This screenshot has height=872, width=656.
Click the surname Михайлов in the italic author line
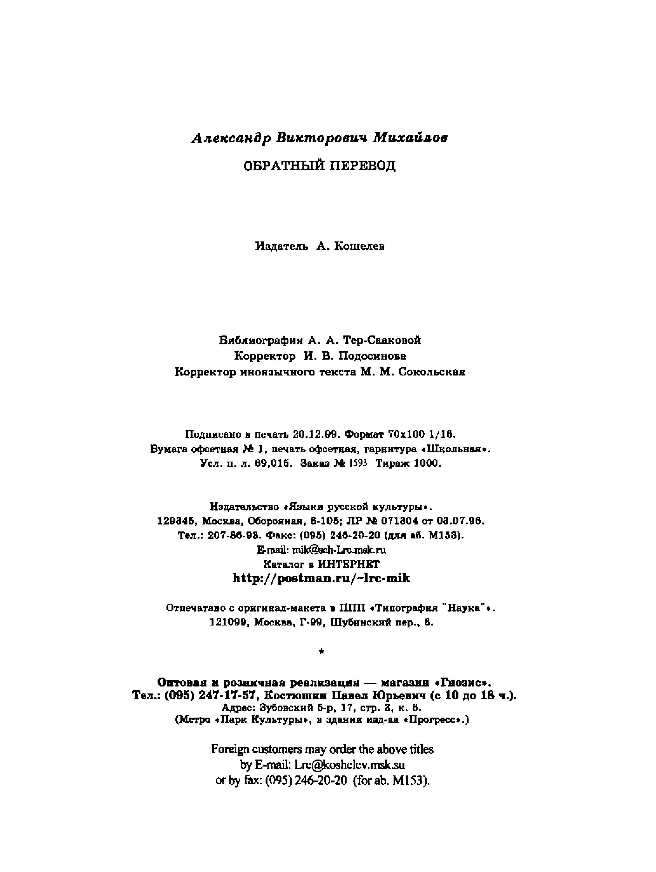pos(410,138)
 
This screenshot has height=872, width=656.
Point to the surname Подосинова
pos(372,356)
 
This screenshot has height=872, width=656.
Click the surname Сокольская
pos(432,372)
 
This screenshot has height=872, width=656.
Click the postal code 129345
pos(177,521)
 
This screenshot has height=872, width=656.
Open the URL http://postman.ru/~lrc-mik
pos(321,578)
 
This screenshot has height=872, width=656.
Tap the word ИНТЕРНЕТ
pos(348,564)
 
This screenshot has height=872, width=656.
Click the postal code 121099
pos(228,622)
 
